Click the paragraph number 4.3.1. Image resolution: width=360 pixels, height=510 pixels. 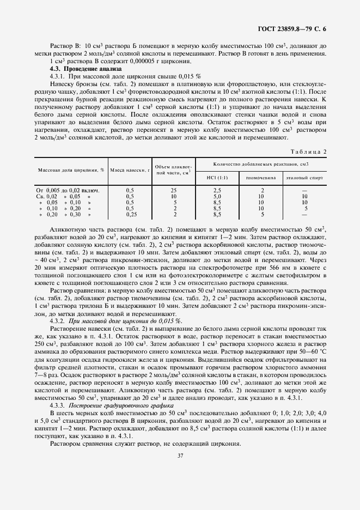pyautogui.click(x=58, y=76)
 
